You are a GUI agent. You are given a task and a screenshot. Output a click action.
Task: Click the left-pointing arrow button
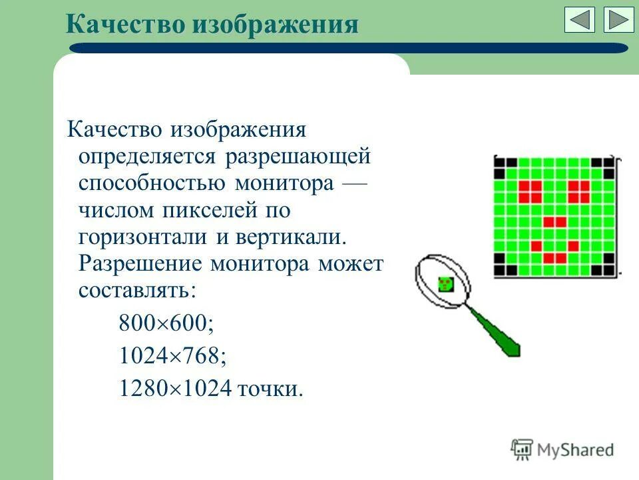click(x=580, y=20)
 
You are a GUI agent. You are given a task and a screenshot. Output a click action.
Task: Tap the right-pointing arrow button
click(x=619, y=20)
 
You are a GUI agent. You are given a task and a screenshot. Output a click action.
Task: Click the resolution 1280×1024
click(x=174, y=389)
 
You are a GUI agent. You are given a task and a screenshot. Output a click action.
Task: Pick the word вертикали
click(x=290, y=237)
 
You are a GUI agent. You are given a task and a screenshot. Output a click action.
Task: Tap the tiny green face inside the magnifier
click(x=445, y=283)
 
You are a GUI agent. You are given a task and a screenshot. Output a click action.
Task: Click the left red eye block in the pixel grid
click(x=530, y=191)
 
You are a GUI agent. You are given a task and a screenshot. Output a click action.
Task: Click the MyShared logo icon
click(x=522, y=449)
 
